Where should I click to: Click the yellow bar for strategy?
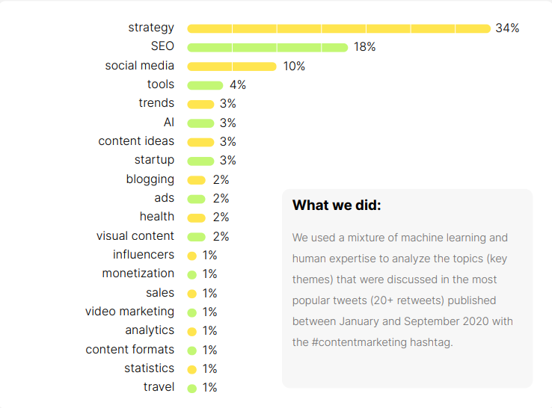(339, 28)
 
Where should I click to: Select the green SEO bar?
(268, 47)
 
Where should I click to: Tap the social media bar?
(232, 67)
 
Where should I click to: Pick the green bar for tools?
(205, 85)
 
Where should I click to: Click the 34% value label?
(507, 28)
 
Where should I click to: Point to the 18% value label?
(365, 47)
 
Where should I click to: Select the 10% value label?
(294, 67)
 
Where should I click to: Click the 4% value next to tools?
(238, 85)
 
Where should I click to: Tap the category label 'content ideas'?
(136, 141)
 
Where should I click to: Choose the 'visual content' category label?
(135, 236)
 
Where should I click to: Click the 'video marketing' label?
(129, 312)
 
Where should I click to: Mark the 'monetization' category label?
(138, 273)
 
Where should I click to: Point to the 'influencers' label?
(144, 255)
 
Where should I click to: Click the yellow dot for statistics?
(191, 369)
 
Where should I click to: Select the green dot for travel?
(191, 388)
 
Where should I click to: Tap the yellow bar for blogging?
(197, 180)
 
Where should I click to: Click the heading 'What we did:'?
(337, 205)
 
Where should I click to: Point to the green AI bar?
(200, 123)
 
